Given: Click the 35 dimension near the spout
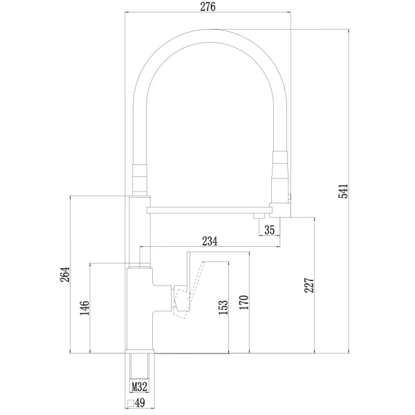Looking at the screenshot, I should (x=270, y=230).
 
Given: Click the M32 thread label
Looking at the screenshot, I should (x=140, y=389).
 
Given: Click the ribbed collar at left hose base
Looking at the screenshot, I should (x=139, y=178).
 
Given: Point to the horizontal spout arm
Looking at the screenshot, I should (x=207, y=207).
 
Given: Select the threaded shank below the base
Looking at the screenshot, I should (x=140, y=367).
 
